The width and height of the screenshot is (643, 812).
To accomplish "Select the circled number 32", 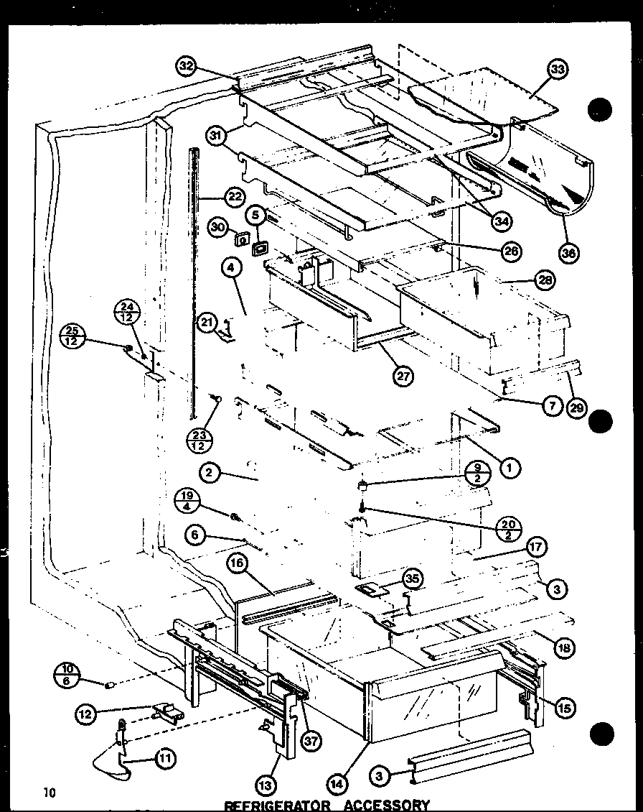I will (186, 67).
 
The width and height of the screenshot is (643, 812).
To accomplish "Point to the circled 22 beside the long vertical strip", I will (234, 197).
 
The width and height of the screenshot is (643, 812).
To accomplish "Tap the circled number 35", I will (413, 578).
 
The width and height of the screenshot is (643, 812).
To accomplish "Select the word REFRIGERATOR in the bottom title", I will (266, 805).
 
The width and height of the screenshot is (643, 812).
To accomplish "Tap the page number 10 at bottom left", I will (49, 793).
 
